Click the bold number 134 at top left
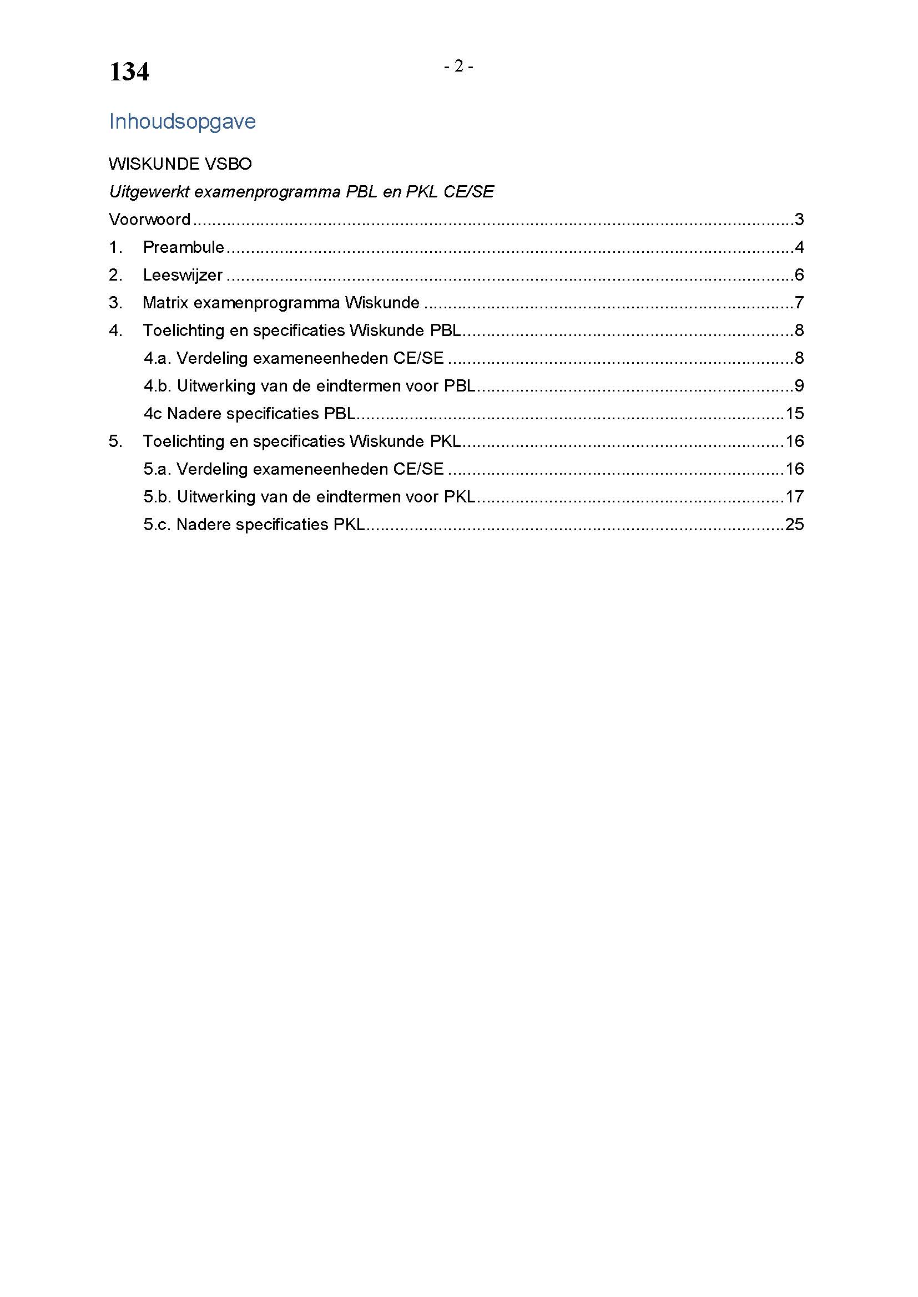click(129, 72)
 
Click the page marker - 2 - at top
click(458, 67)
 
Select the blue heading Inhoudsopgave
click(182, 121)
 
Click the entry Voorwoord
click(149, 219)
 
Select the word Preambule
click(183, 247)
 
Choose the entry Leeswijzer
click(182, 275)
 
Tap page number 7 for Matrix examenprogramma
click(799, 303)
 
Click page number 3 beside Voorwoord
click(799, 219)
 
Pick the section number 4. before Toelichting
click(115, 330)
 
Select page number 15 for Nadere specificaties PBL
click(794, 414)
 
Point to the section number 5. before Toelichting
click(115, 441)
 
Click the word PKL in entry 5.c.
click(349, 525)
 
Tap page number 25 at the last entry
click(794, 525)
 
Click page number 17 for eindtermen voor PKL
click(794, 497)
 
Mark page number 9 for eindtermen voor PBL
click(799, 386)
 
